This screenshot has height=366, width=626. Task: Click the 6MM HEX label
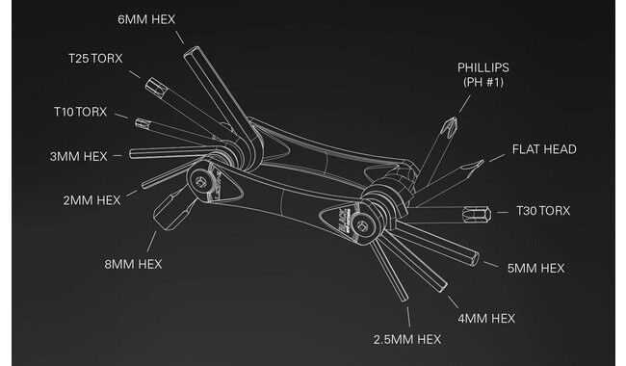[146, 19]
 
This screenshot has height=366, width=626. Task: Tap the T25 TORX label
[95, 59]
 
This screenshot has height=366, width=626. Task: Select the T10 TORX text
[80, 112]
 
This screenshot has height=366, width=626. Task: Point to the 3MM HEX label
[79, 156]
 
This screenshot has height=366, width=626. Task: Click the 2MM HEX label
[91, 200]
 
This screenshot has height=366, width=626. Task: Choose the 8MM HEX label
[133, 264]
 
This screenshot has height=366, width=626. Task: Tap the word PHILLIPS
[483, 67]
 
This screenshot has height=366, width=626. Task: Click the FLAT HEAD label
[544, 149]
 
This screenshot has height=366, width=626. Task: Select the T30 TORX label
[543, 211]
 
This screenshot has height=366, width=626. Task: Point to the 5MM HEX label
[535, 268]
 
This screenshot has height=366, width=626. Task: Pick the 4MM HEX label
[486, 319]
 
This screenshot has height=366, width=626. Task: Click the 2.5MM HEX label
[407, 340]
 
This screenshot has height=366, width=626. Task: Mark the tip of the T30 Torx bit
[490, 215]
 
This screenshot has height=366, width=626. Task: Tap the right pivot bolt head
[363, 228]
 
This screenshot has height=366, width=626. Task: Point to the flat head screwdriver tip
[483, 161]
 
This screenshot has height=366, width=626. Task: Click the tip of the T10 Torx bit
[136, 122]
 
